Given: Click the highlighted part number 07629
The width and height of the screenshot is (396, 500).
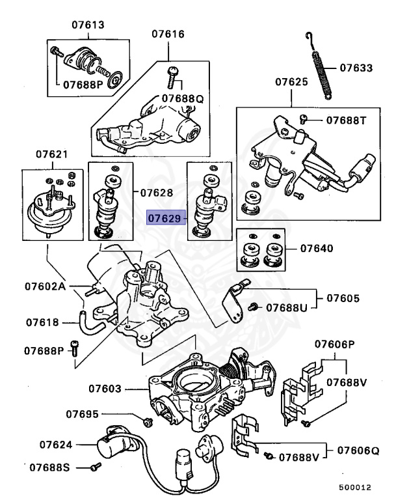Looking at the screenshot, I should [166, 218].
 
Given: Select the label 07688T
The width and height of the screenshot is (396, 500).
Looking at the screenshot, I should [347, 120].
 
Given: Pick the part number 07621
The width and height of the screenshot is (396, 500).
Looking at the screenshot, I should [51, 154].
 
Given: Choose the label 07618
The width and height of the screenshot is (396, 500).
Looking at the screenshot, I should [42, 322].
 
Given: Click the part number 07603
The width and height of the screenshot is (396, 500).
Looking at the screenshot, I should [105, 389].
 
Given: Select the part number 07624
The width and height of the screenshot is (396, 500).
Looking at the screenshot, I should [55, 445].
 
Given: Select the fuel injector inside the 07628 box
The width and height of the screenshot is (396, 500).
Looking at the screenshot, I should [106, 208].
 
